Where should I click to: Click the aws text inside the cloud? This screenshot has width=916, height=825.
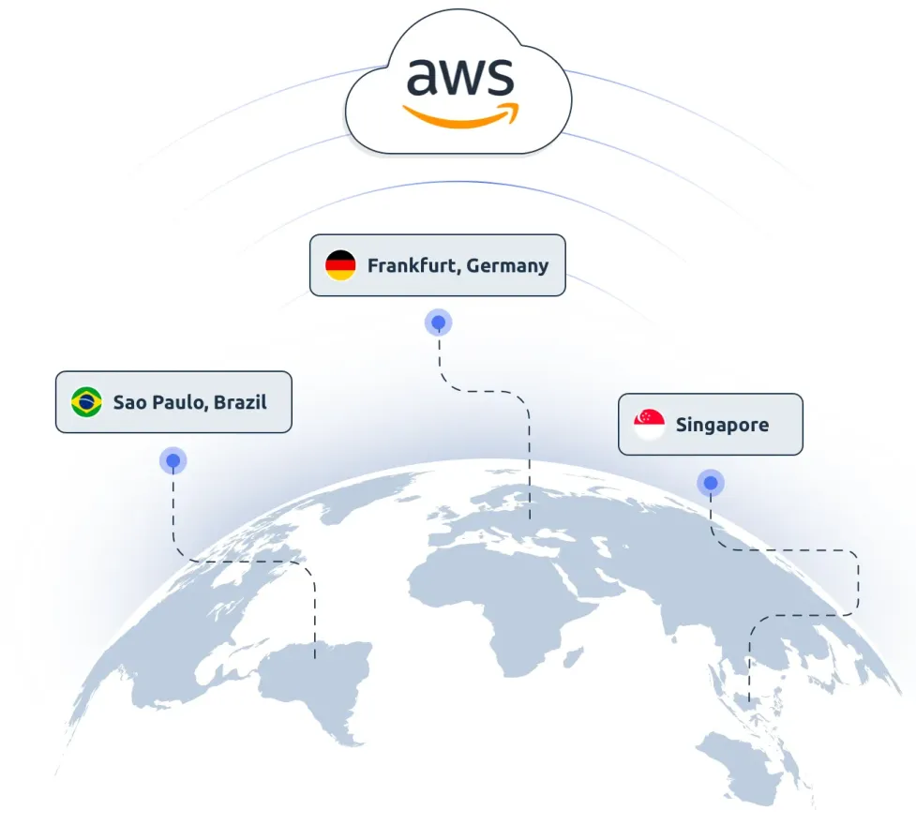coord(460,77)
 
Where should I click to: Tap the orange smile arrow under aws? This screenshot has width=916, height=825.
coord(461,117)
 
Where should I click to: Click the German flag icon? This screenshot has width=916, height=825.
coord(340,265)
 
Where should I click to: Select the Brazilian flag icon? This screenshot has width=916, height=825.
coord(86,402)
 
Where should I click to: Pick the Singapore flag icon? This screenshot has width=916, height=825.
coord(649,424)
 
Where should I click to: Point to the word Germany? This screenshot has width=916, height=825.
coord(507,266)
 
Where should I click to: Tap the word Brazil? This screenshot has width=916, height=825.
coord(241,402)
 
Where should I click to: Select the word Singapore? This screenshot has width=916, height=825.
coord(723,426)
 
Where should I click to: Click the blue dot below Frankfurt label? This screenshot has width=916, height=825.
coord(439,322)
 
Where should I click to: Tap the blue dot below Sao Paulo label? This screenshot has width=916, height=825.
coord(173,461)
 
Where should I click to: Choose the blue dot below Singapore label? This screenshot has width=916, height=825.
coord(711,483)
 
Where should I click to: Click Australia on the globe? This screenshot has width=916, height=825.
coord(742,765)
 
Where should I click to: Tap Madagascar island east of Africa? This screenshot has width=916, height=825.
coord(574,655)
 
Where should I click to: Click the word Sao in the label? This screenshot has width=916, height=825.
coord(130,402)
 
